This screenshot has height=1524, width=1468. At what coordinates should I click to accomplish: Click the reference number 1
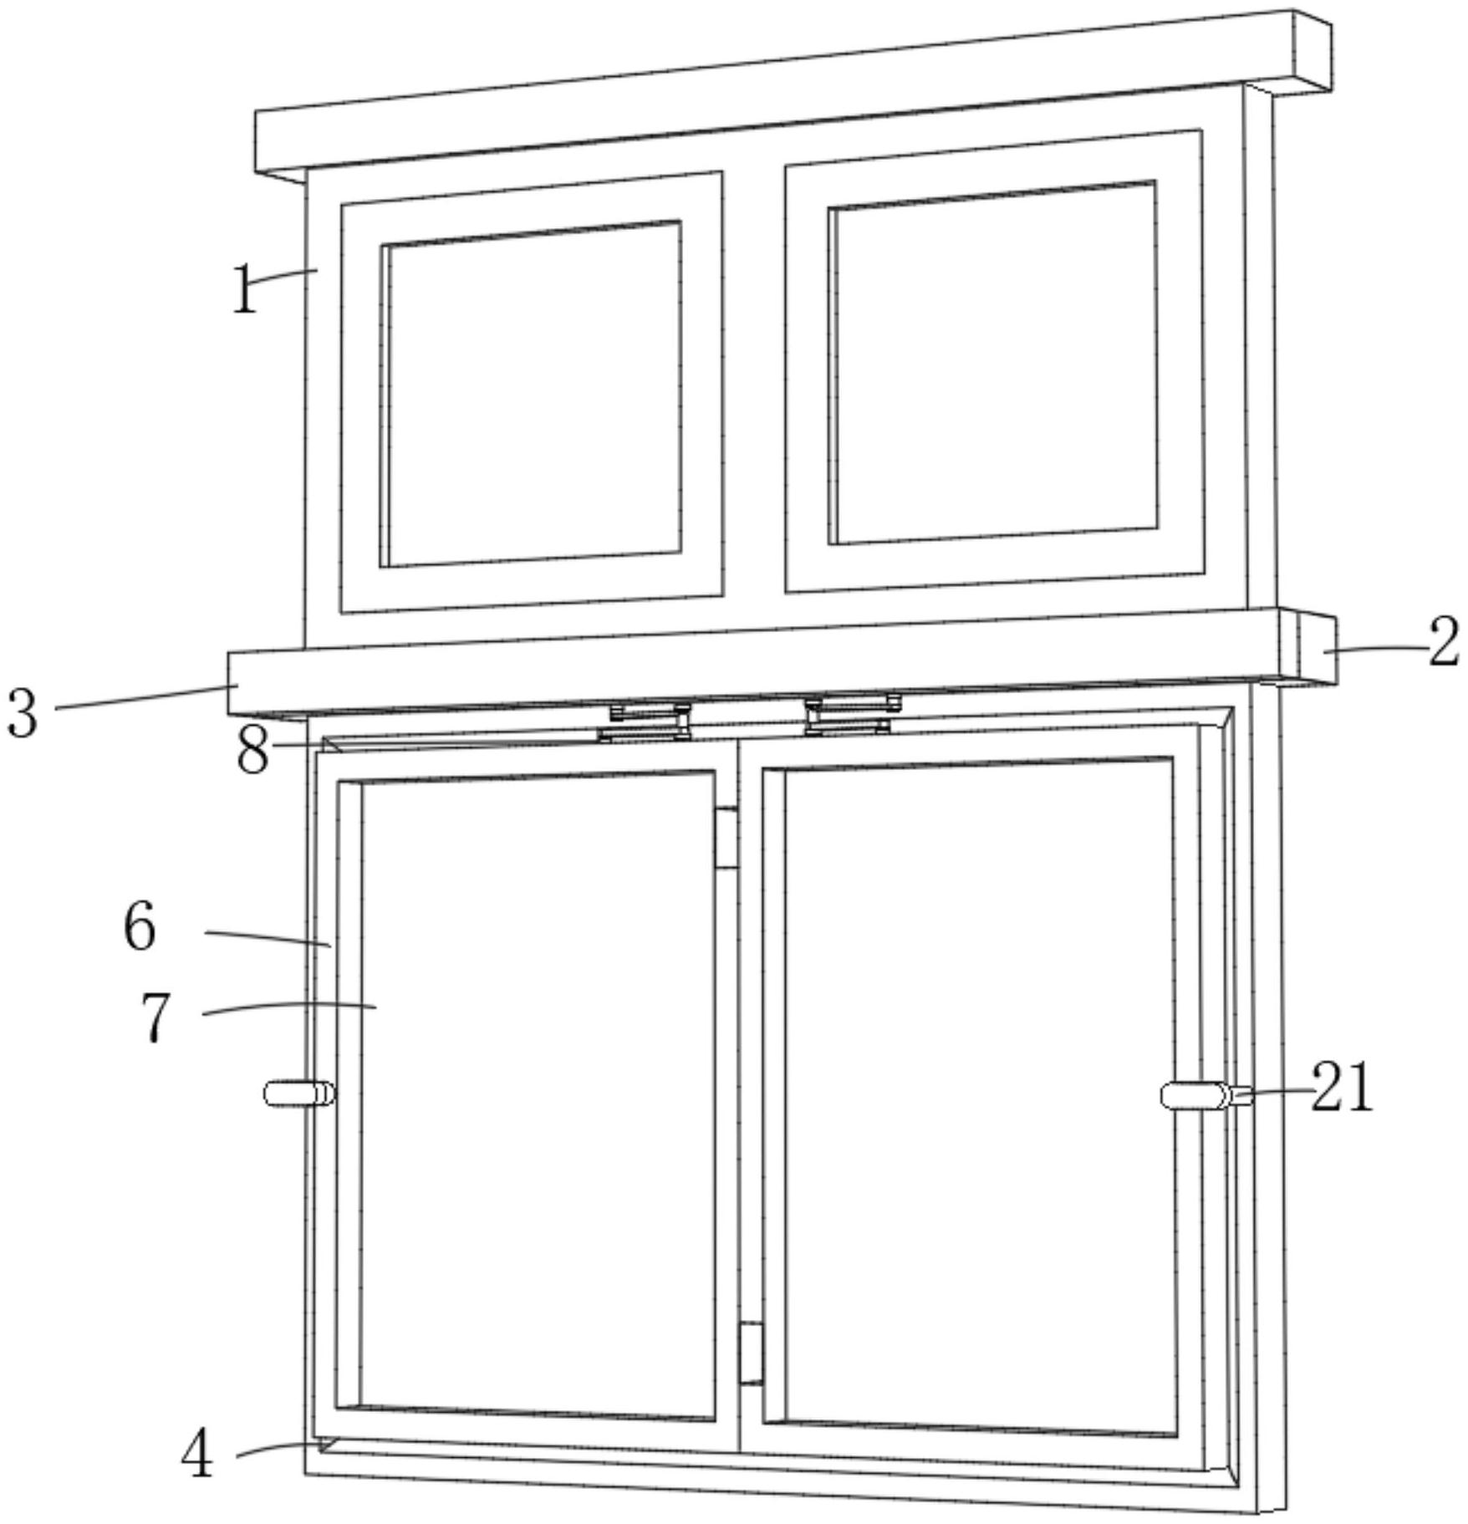pyautogui.click(x=244, y=290)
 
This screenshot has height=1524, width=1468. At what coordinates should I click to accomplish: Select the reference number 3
pyautogui.click(x=23, y=713)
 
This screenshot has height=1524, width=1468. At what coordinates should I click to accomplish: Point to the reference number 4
pyautogui.click(x=197, y=1452)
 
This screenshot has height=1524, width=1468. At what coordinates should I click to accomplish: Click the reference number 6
pyautogui.click(x=140, y=926)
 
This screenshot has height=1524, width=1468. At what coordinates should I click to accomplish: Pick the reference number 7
pyautogui.click(x=155, y=1017)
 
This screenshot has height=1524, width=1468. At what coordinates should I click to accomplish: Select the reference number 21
pyautogui.click(x=1341, y=1087)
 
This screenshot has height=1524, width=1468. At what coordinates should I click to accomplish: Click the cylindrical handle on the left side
pyautogui.click(x=298, y=1093)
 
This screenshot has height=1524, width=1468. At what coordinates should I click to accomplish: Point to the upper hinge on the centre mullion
pyautogui.click(x=726, y=837)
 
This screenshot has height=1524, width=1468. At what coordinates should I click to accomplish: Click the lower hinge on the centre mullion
pyautogui.click(x=752, y=1353)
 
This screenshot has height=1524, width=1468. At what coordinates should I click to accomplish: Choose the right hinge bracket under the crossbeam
pyautogui.click(x=851, y=716)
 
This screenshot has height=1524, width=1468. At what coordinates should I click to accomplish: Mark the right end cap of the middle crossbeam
pyautogui.click(x=1316, y=648)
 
